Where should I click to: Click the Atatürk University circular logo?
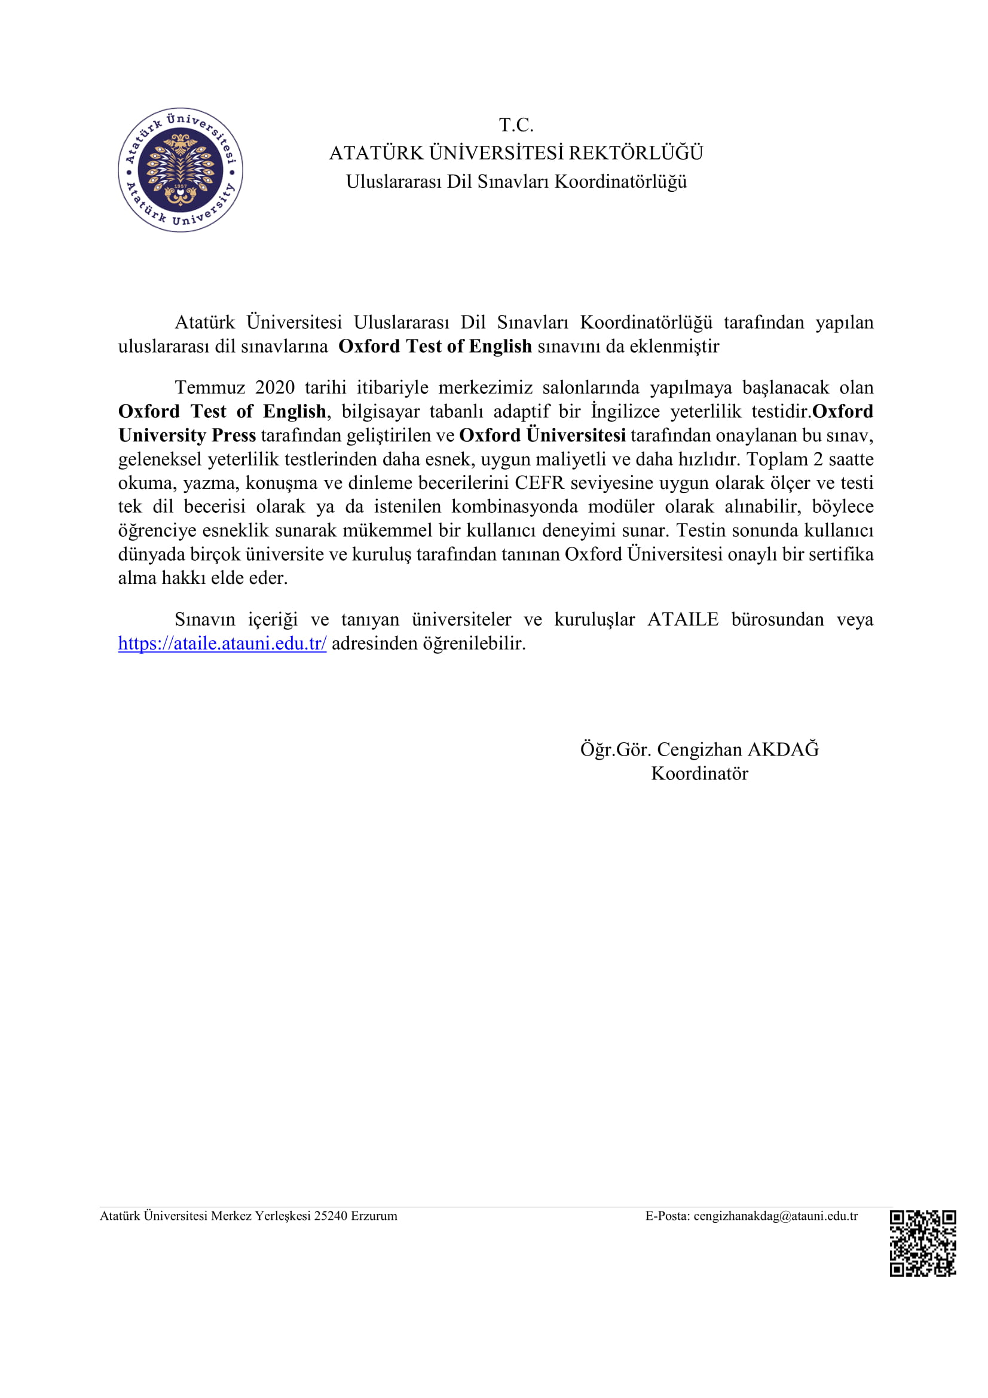pyautogui.click(x=180, y=170)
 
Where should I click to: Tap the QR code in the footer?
pyautogui.click(x=922, y=1243)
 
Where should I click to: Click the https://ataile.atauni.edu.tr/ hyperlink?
pyautogui.click(x=222, y=643)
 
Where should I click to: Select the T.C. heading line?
pyautogui.click(x=516, y=125)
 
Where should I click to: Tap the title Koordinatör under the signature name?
pyautogui.click(x=699, y=773)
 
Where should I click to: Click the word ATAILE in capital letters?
pyautogui.click(x=683, y=619)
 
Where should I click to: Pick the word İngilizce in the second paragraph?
pyautogui.click(x=625, y=412)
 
